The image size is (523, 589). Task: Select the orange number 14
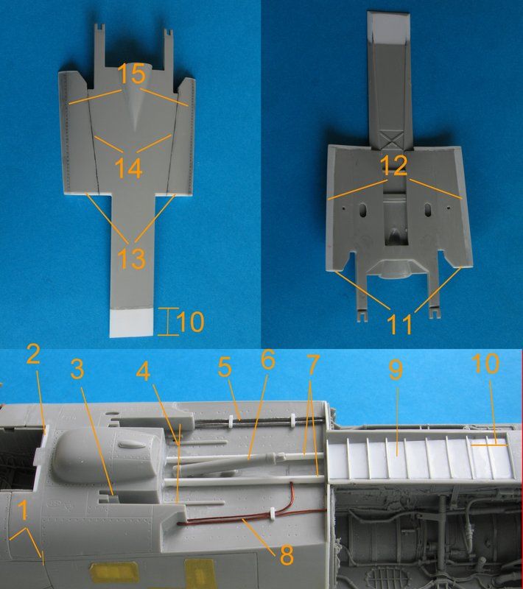[x=130, y=168]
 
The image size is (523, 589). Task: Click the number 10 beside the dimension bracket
[x=189, y=322]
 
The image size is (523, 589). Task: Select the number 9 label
[x=395, y=370]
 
